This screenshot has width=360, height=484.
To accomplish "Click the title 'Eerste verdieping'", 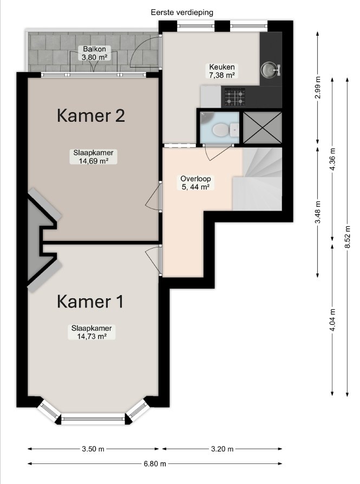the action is tap(182, 12).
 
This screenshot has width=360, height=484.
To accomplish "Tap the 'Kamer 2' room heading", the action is tap(91, 116).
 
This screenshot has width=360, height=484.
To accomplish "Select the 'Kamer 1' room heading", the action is tap(90, 302).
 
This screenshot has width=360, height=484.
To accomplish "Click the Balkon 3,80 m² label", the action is tap(95, 53).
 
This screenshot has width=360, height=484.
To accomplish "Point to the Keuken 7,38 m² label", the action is tap(222, 71).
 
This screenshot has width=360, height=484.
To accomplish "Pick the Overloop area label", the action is tap(195, 183).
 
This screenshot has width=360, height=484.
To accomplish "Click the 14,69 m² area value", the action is tap(93, 160).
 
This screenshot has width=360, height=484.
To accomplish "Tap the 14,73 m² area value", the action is tap(91, 336).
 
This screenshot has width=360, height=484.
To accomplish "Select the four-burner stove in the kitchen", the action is tap(234, 97).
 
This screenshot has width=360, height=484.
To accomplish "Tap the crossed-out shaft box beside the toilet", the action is tap(263, 127).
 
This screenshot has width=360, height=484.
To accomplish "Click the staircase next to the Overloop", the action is tap(257, 179).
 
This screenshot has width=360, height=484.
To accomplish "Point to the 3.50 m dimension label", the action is tap(93, 449).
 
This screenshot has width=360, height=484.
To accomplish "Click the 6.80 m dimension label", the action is tap(155, 463).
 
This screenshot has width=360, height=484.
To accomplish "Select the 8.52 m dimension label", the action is tap(348, 237).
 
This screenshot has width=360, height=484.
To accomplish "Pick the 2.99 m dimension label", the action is tap(318, 87).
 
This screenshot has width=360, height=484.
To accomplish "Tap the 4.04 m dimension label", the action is tap(332, 320).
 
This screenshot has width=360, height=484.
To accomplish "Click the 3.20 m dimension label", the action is tap(222, 449).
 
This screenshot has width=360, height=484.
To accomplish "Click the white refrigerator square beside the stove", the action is tap(211, 96).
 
